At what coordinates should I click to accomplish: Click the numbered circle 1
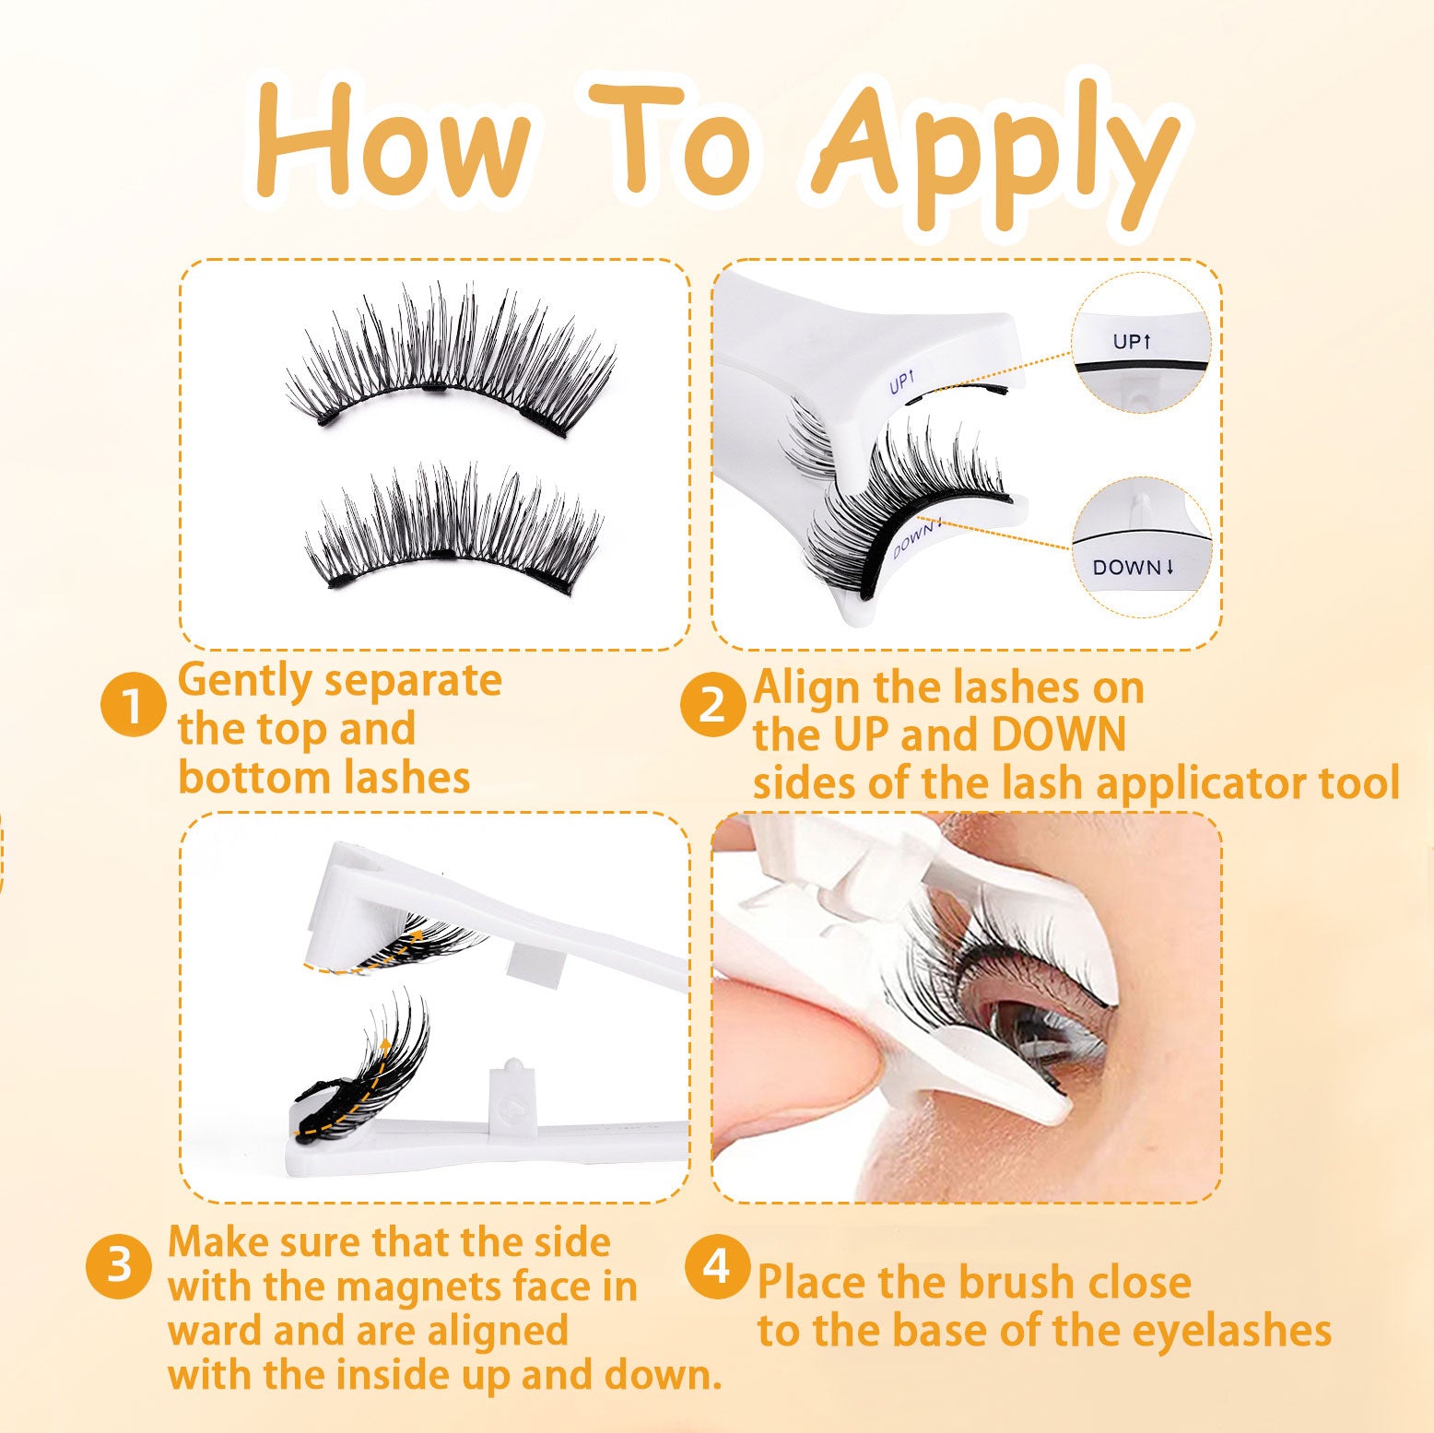pos(133,705)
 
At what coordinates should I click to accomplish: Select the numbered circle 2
pos(712,705)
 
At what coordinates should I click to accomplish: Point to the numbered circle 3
pos(119,1266)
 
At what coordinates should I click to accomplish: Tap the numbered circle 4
pos(717,1266)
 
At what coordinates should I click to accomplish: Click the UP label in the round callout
pos(1133,342)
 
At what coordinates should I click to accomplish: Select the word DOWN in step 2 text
pos(1058,735)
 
